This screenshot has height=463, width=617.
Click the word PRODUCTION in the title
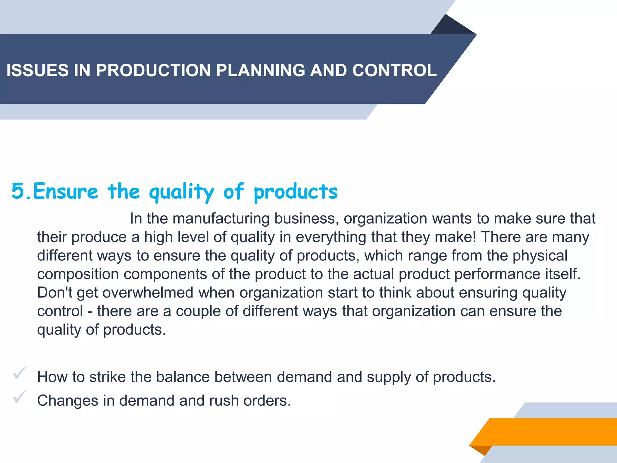click(x=153, y=70)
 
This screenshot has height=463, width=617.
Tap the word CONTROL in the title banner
click(x=394, y=70)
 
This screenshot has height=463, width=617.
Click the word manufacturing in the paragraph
click(x=221, y=218)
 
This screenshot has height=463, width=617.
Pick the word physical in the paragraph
click(x=540, y=256)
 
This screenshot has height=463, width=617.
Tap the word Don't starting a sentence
click(x=54, y=293)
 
